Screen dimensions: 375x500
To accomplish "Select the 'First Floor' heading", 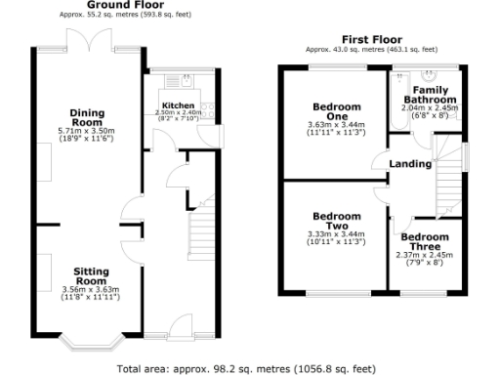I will tap(371, 38).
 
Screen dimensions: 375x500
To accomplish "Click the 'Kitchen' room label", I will tap(178, 104).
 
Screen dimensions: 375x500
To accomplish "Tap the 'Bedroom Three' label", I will tap(425, 242).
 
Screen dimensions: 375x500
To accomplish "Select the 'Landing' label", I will tap(409, 163).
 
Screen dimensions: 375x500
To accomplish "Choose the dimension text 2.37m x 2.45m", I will tap(425, 256).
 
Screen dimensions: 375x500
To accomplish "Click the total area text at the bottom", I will tap(245, 369).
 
